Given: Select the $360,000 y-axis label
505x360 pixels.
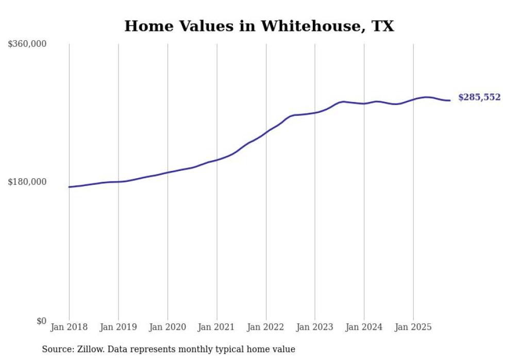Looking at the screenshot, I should click(27, 44).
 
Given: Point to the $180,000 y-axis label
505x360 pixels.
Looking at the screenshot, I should click(27, 182).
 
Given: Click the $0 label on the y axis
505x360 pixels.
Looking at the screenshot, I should click(41, 321).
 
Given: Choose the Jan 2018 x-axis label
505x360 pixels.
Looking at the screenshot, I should click(69, 327).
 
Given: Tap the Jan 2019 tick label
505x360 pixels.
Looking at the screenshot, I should click(119, 327).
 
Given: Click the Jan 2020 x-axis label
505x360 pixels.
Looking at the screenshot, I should click(167, 327).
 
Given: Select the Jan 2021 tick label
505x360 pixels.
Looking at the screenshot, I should click(216, 327).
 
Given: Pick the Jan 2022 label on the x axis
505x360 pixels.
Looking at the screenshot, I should click(266, 327).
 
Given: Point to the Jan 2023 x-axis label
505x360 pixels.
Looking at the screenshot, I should click(315, 327).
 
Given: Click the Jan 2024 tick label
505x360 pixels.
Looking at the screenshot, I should click(364, 327).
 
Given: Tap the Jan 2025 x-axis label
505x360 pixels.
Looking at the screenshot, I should click(413, 327).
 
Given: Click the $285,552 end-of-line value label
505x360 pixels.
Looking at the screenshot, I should click(479, 97).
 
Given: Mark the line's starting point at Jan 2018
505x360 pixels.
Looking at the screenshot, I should click(69, 187).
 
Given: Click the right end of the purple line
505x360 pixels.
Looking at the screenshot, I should click(450, 100).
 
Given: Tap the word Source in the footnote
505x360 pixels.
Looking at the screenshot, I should click(56, 349).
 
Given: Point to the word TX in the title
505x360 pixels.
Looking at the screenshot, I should click(382, 26).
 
